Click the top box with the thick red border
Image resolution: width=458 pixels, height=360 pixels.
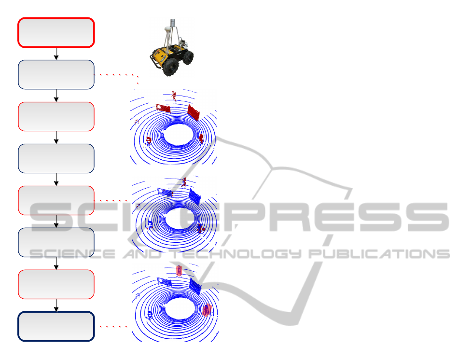(x=56, y=32)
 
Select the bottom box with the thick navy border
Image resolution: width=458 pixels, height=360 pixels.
(x=56, y=326)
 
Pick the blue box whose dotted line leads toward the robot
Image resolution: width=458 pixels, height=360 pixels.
(x=56, y=74)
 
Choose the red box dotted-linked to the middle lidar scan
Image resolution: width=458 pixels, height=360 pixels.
(x=56, y=200)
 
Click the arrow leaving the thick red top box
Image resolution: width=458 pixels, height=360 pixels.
(x=56, y=54)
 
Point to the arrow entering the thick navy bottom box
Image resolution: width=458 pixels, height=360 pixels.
(x=56, y=305)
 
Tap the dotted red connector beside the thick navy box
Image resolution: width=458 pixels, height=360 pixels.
(x=113, y=326)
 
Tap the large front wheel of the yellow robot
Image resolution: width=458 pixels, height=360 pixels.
(x=171, y=67)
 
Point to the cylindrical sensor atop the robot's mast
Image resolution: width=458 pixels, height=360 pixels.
(x=173, y=22)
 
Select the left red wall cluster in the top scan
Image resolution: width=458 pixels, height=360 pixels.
(x=163, y=108)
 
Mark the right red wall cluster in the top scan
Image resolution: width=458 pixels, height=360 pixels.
(x=194, y=112)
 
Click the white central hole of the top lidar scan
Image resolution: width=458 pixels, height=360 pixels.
(x=177, y=135)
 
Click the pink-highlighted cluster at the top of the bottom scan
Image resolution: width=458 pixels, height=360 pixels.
(x=179, y=271)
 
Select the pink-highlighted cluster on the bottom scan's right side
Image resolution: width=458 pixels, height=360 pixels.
(x=207, y=310)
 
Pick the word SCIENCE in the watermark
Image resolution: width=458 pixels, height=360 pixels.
(x=72, y=254)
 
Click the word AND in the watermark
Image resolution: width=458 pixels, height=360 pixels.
(x=142, y=254)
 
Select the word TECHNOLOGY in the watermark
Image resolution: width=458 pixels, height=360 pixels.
(x=236, y=254)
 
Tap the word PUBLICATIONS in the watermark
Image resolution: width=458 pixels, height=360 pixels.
(x=379, y=254)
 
